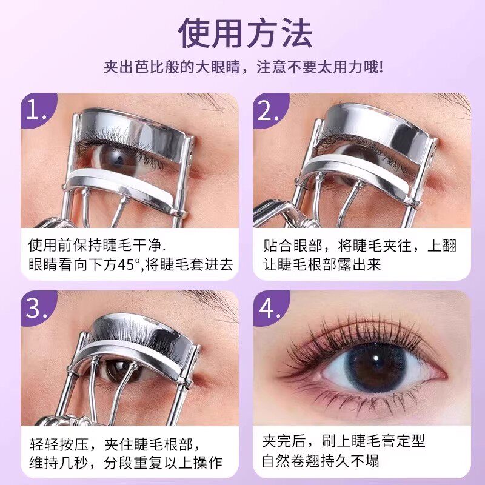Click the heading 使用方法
click(245, 33)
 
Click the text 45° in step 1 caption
click(129, 265)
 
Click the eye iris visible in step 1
click(113, 158)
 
